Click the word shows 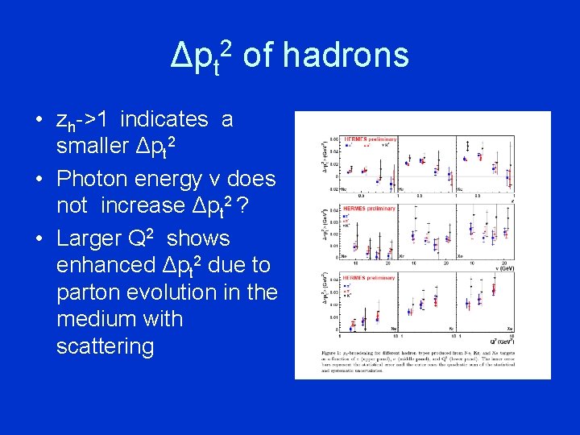[x=198, y=238]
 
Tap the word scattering [x=105, y=346]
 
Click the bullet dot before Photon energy [x=39, y=179]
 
